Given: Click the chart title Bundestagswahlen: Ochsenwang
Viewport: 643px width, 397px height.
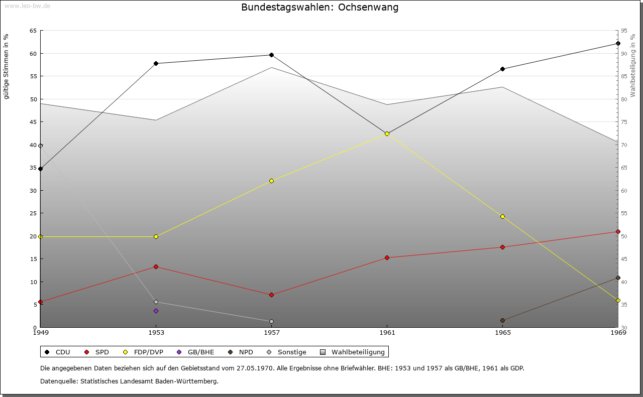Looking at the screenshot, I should point(319,8).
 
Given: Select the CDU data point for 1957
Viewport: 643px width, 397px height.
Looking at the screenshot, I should point(271,55).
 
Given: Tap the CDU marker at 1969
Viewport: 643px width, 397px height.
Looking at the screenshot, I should point(618,43).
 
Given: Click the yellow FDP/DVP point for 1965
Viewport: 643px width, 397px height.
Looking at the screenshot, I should point(502,216).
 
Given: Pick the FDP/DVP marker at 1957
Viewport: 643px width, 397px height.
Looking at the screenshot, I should point(271,181).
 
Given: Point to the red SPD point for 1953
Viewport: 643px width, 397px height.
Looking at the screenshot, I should point(156,267).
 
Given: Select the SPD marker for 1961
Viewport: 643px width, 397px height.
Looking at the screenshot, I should point(387,257).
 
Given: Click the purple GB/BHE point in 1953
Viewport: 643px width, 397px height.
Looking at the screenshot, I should point(156,311).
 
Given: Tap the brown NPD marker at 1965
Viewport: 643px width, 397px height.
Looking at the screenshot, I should point(502,320).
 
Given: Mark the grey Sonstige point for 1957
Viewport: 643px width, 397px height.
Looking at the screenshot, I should point(271,321).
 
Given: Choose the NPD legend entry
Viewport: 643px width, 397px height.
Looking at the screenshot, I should point(241,352).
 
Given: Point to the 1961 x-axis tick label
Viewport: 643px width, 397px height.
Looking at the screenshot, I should point(387,332).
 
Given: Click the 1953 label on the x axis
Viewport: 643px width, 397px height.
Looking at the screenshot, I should point(156,332).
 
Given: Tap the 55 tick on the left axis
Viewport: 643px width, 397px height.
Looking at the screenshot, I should point(33,76).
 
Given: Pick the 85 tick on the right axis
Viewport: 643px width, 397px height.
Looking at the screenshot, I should point(624,76).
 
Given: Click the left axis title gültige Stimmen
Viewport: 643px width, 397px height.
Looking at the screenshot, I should point(7,66).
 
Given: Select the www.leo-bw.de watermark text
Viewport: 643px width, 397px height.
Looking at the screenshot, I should point(27,6).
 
